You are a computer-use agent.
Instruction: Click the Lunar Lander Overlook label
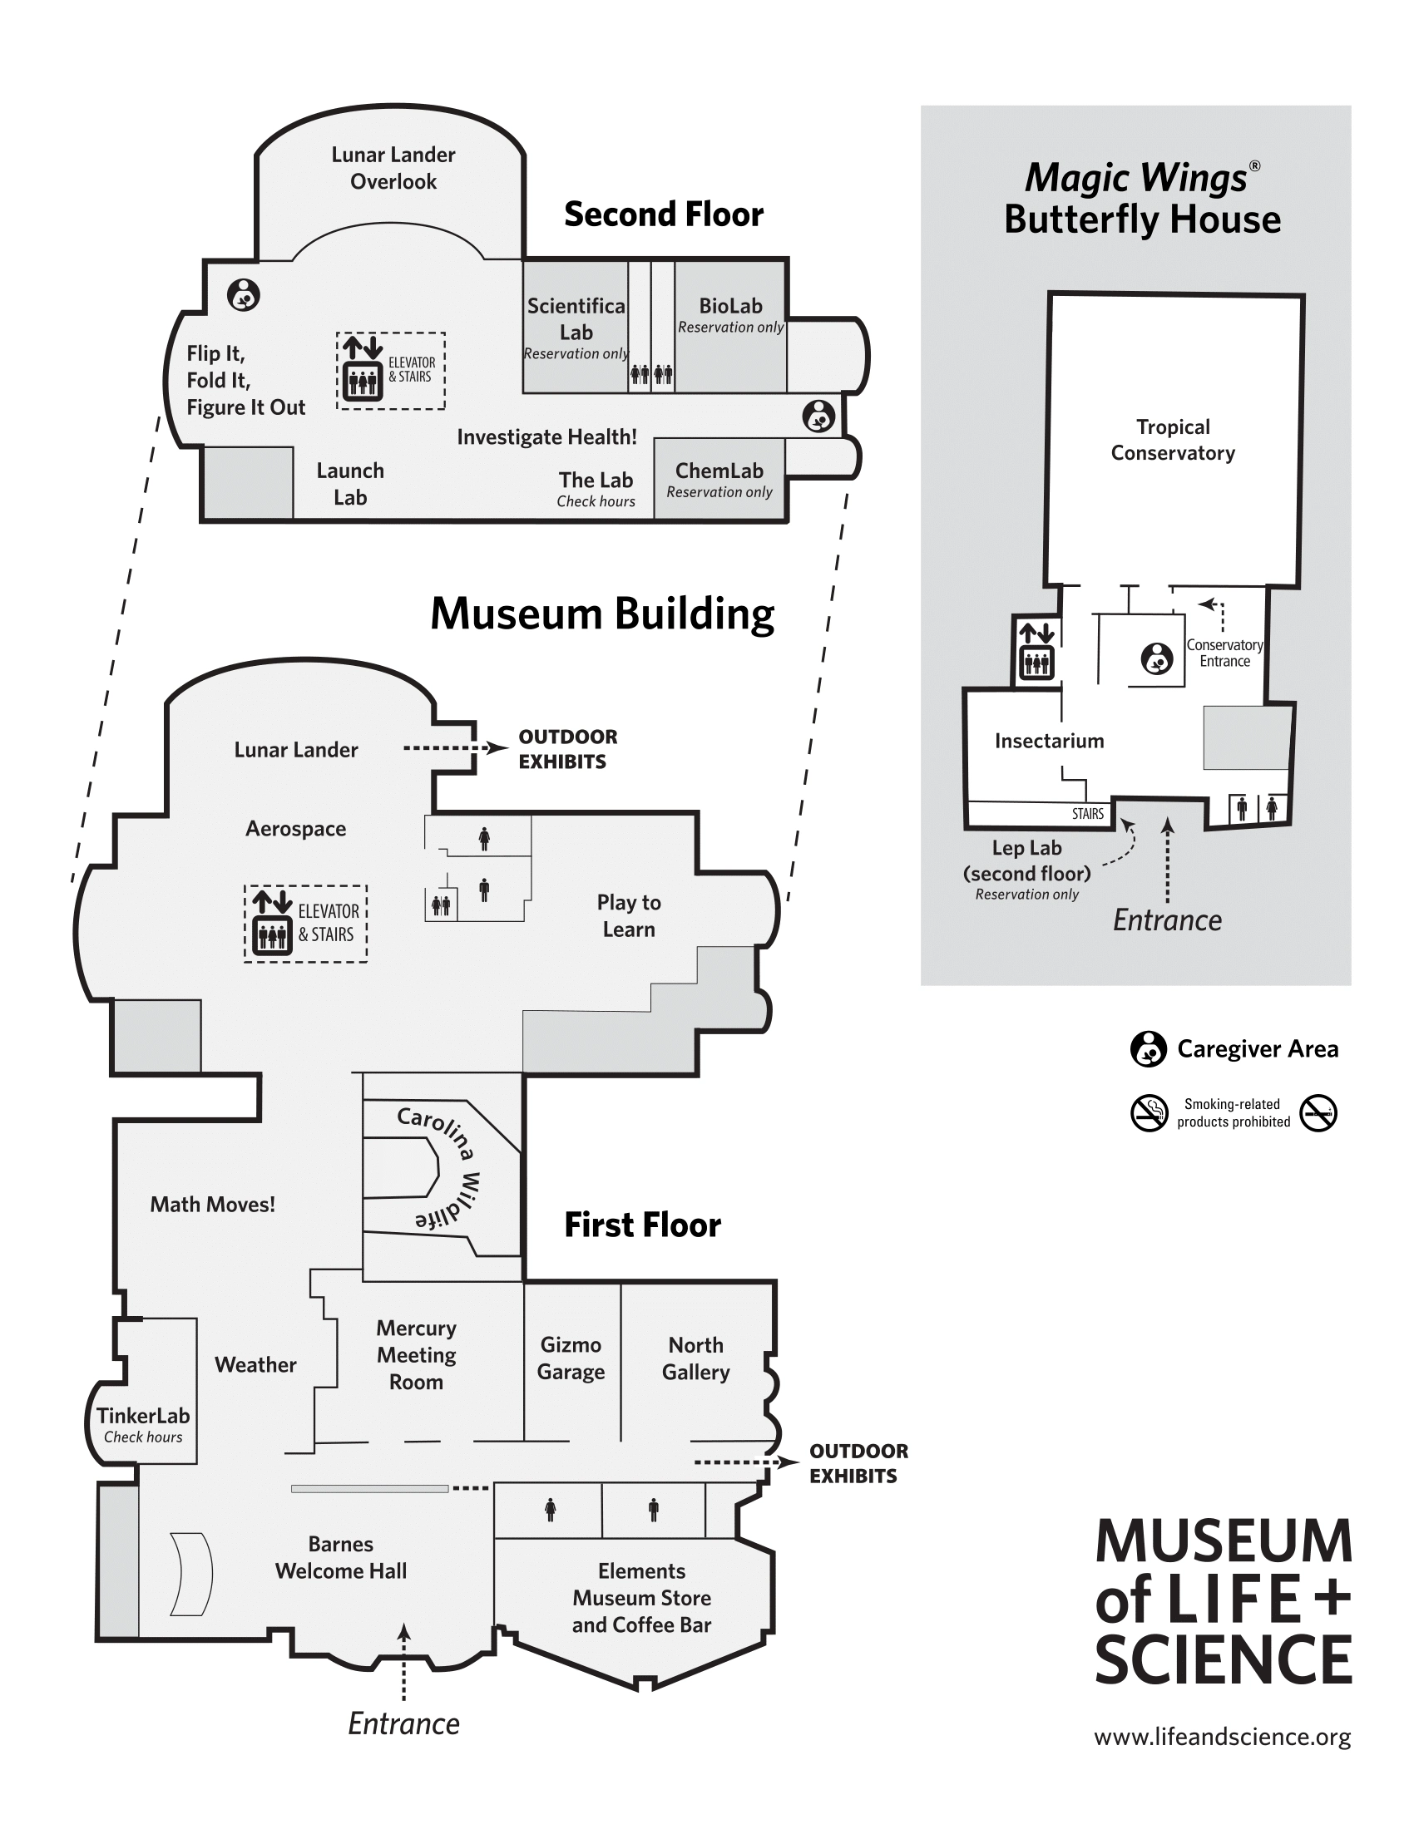point(393,167)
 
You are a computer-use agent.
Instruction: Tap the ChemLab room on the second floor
point(719,479)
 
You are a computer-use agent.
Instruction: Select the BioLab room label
point(730,307)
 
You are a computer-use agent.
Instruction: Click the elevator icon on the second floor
point(363,369)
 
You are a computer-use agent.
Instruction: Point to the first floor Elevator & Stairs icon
point(271,924)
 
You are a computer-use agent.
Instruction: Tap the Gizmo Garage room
point(571,1358)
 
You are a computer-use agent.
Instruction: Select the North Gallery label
point(695,1358)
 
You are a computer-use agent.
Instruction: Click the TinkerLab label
point(143,1415)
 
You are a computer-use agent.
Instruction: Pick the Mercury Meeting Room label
point(417,1354)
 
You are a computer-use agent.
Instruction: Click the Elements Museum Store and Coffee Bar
point(641,1597)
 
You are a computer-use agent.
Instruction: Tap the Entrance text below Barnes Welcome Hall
point(403,1723)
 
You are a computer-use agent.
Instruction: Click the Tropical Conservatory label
point(1173,440)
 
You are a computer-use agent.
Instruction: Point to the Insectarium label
point(1049,741)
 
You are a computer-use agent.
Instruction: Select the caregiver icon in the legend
point(1149,1048)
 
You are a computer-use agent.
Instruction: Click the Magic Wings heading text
point(1137,179)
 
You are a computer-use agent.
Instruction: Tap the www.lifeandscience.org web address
point(1222,1737)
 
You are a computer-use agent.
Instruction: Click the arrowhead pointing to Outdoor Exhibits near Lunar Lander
point(497,748)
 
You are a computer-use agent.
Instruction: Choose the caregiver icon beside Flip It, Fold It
point(244,295)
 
